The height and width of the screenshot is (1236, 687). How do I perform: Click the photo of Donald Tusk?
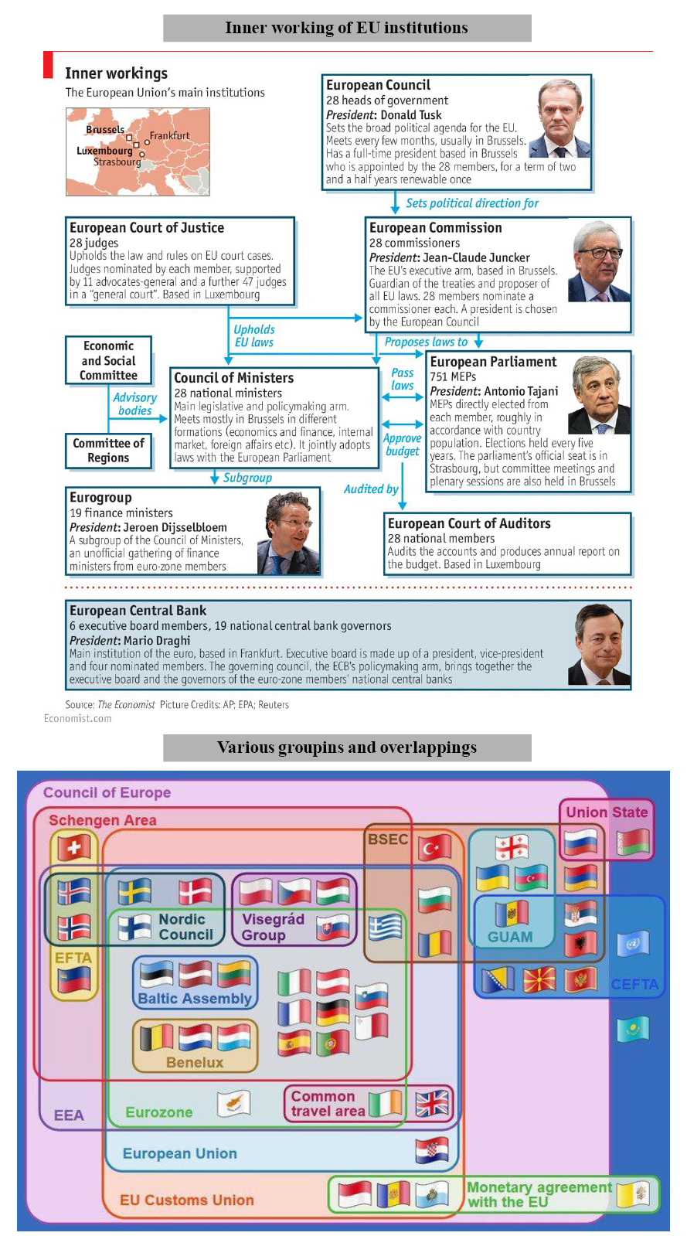point(562,117)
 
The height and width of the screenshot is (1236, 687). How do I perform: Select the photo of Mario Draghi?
point(599,645)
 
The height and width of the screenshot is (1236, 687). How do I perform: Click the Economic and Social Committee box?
point(108,361)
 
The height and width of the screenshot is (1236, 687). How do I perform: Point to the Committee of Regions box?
point(108,451)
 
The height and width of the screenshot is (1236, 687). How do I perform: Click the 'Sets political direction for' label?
point(471,203)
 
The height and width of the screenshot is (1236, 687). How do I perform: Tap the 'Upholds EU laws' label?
point(254,336)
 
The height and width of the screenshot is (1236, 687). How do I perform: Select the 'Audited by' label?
point(371,489)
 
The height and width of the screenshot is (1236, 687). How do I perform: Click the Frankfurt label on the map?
point(169,136)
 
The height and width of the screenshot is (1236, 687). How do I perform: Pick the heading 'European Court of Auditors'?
point(469,523)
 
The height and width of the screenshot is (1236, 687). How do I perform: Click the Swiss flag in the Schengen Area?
point(74,848)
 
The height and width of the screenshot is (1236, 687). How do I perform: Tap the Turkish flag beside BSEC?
point(434,848)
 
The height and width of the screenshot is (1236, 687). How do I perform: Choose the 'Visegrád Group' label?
point(273,928)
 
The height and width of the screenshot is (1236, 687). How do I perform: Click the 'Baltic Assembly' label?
point(195,999)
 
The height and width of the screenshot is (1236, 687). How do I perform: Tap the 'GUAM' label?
point(510,937)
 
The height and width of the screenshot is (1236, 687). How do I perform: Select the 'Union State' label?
point(607,812)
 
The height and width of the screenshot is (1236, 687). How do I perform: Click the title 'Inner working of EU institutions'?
point(346,28)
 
